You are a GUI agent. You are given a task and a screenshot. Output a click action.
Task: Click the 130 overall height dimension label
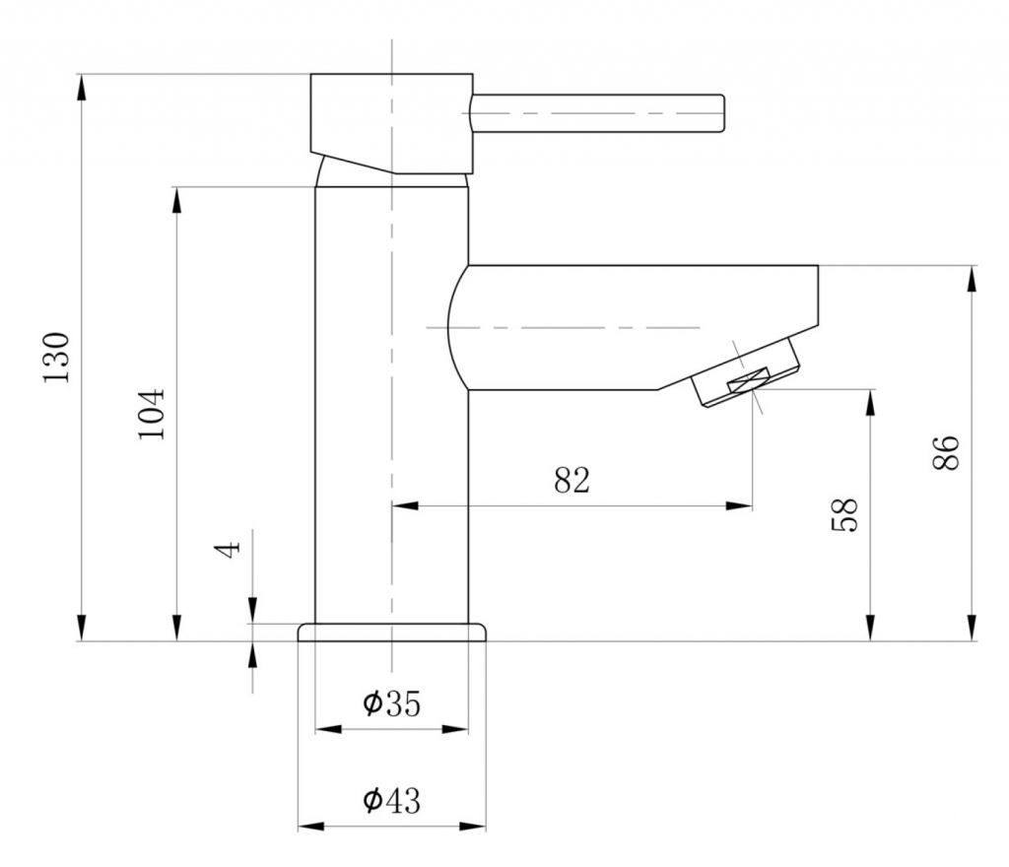pyautogui.click(x=56, y=358)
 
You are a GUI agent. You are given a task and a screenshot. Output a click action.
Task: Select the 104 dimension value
pyautogui.click(x=152, y=414)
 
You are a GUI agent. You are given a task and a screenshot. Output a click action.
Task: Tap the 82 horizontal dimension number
pyautogui.click(x=572, y=480)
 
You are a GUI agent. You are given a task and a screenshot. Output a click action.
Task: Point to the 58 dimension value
pyautogui.click(x=844, y=514)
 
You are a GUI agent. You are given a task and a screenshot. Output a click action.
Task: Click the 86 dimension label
pyautogui.click(x=945, y=453)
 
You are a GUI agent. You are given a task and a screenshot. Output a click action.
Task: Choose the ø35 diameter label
pyautogui.click(x=391, y=703)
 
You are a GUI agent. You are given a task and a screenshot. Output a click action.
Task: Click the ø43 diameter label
pyautogui.click(x=391, y=800)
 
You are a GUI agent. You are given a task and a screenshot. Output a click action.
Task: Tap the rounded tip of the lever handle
pyautogui.click(x=722, y=114)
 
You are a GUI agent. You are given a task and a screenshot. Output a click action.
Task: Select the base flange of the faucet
pyautogui.click(x=391, y=633)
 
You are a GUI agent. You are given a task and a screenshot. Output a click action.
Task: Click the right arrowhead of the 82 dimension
pyautogui.click(x=739, y=506)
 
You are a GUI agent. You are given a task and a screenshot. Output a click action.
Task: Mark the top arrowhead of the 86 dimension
pyautogui.click(x=972, y=278)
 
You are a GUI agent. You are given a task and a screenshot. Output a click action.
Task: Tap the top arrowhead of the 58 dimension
pyautogui.click(x=870, y=402)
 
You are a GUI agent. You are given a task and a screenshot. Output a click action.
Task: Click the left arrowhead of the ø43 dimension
pyautogui.click(x=310, y=827)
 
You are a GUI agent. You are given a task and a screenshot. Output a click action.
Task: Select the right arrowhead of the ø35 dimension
pyautogui.click(x=455, y=729)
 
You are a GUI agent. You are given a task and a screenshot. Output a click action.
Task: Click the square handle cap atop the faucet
pyautogui.click(x=392, y=123)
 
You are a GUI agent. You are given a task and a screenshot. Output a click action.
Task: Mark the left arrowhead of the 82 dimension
pyautogui.click(x=405, y=506)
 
